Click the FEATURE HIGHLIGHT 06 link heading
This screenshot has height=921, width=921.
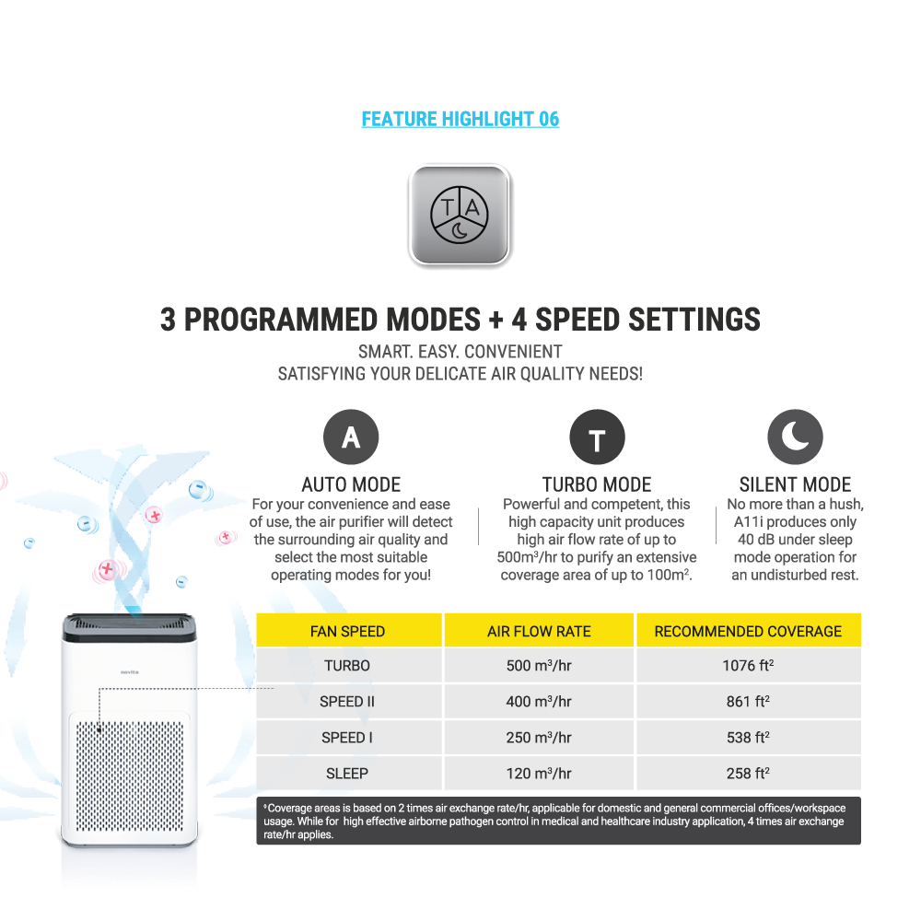tap(460, 119)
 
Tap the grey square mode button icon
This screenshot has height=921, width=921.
tap(460, 215)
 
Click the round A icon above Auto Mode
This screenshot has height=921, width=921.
tap(351, 437)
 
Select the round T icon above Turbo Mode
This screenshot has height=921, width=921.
tap(597, 437)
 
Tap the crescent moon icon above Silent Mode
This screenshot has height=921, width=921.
tap(795, 437)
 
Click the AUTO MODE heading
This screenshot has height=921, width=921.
tap(351, 484)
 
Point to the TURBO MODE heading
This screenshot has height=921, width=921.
tap(597, 484)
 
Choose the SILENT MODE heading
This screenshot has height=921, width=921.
tap(795, 484)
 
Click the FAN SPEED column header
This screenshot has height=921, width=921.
tap(348, 632)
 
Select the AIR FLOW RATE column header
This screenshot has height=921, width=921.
tap(539, 632)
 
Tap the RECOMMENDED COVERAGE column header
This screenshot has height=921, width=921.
tap(748, 632)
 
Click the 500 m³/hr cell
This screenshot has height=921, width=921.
tap(539, 666)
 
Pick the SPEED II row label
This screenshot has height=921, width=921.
tap(347, 702)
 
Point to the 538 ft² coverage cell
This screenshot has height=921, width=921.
tap(748, 737)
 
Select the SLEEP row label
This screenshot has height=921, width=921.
tap(347, 774)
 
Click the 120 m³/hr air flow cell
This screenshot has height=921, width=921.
tap(539, 773)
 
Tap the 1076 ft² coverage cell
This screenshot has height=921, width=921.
tap(748, 666)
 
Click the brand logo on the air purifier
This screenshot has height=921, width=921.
tap(130, 672)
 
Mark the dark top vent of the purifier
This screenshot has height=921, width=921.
tap(130, 627)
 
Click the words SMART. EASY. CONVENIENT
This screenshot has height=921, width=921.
tap(460, 352)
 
